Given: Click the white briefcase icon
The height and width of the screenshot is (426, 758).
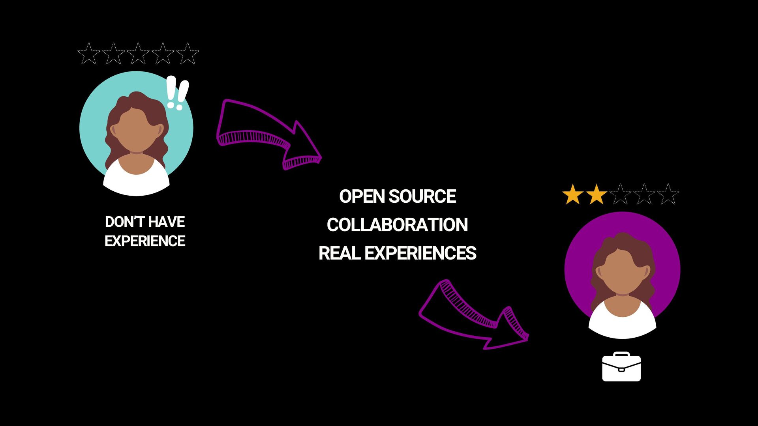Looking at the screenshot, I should coord(621,367).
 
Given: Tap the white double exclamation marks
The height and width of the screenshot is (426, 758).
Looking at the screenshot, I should coord(176,93).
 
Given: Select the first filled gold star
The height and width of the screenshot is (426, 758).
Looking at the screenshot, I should coord(572,194).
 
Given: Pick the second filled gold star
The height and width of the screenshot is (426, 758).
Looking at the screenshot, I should coord(596,194).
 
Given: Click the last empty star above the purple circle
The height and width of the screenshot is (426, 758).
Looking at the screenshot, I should coord(668,194).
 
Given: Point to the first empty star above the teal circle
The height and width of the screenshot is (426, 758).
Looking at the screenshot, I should coord(89,54).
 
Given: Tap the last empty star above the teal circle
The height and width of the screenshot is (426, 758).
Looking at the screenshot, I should coord(188,54).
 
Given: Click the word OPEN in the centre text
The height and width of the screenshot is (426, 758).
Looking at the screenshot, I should coord(362,196).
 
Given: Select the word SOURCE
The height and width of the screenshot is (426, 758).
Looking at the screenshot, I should coord(422,196).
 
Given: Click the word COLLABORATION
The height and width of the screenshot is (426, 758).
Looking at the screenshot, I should coord(397,225).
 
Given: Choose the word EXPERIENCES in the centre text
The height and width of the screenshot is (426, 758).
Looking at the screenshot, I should coord(420,253).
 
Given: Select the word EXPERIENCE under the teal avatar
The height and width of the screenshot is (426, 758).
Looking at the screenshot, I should coord(145,241).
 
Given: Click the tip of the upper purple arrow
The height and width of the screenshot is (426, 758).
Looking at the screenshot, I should coord(321,158).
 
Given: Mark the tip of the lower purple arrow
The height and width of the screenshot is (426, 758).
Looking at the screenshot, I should coord(528,337).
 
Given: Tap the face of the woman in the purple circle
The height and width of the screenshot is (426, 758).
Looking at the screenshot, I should coord(623,272).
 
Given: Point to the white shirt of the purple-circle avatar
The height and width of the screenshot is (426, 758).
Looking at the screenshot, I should coord(623,325).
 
